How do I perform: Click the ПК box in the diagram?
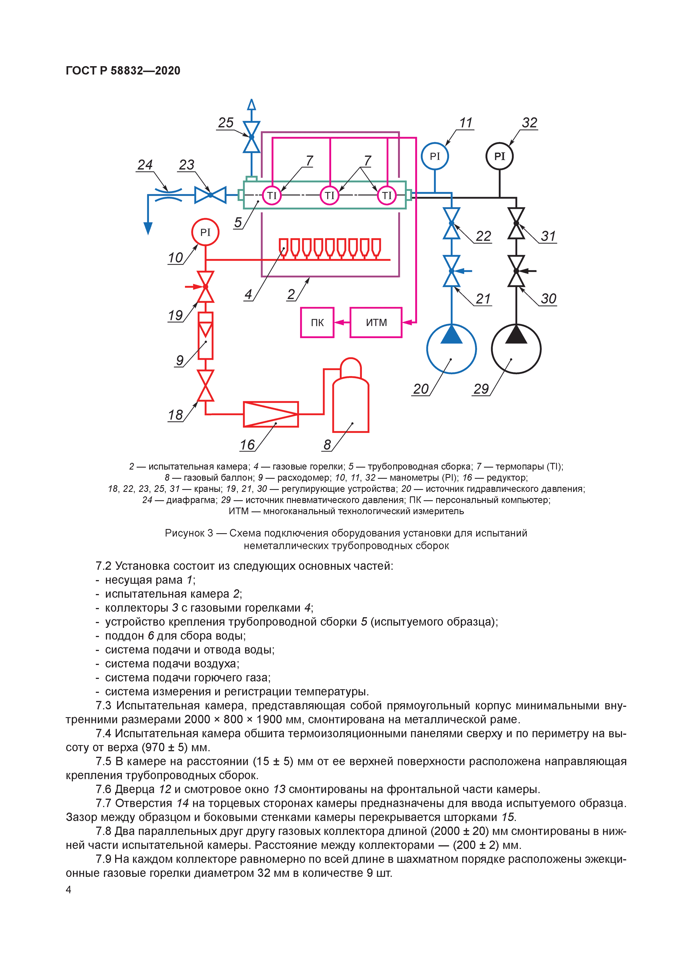[x=317, y=322]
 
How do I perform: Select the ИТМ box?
[x=376, y=322]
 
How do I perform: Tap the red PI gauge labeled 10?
[x=205, y=232]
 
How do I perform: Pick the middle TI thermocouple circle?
[x=329, y=195]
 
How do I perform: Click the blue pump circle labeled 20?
[x=452, y=349]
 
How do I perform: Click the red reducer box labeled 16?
[x=270, y=414]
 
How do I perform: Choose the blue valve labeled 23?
[x=210, y=195]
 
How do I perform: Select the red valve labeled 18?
[x=205, y=386]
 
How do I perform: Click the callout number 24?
[x=145, y=165]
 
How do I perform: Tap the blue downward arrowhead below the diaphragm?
[x=148, y=229]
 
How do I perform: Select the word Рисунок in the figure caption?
[x=184, y=533]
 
